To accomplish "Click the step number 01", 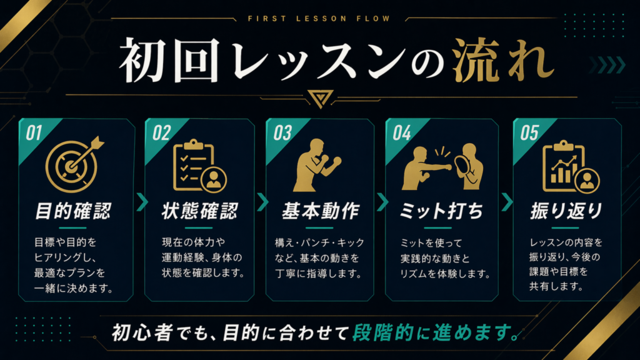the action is [x=34, y=133].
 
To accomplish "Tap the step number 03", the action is [x=282, y=133].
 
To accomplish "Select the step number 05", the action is [x=529, y=133].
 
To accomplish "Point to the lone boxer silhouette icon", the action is [x=317, y=165].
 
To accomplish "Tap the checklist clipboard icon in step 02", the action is [x=199, y=166].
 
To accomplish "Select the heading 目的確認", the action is [x=74, y=211].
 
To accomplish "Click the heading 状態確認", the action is [x=199, y=211].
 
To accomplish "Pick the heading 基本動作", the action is [x=321, y=211].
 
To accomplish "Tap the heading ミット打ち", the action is [x=441, y=211].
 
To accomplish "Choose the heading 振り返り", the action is [x=566, y=211].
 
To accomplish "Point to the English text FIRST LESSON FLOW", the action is [x=319, y=19].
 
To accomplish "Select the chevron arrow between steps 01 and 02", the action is [x=142, y=202].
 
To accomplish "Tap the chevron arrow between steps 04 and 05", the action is [x=507, y=202].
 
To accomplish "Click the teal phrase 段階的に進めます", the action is [x=436, y=332].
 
